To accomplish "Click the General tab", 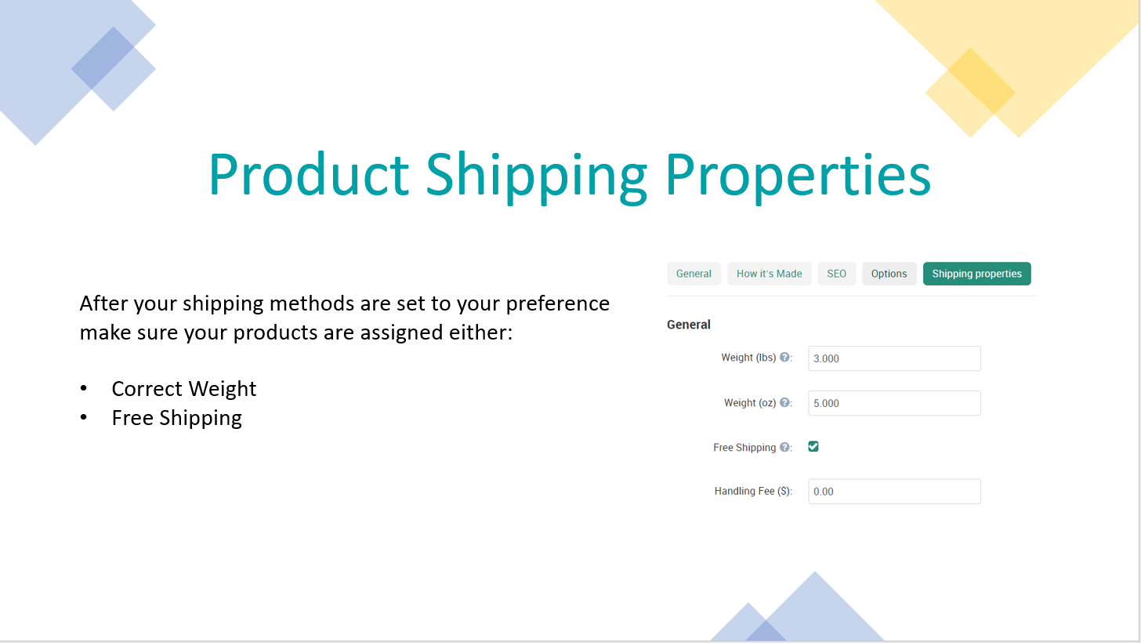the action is [694, 274].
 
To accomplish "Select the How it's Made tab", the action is [770, 274].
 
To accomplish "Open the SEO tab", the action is [836, 274].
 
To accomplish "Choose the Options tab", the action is [889, 274].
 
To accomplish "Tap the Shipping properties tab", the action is [977, 274].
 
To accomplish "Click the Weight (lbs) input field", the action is [894, 358].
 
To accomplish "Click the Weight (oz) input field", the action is [894, 403].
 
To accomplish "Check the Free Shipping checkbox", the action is [813, 447].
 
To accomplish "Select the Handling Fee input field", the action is [894, 491].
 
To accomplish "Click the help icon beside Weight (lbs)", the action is [785, 357].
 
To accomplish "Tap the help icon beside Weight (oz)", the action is [785, 402].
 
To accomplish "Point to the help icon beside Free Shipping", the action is [785, 447].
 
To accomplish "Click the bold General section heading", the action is [689, 325].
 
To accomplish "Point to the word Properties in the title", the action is [799, 176].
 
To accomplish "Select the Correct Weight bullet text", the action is [184, 389].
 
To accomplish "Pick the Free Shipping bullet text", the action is [177, 418].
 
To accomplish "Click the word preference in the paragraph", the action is [558, 304].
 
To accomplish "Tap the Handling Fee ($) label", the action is [753, 491].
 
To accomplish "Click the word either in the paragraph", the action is [480, 332].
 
